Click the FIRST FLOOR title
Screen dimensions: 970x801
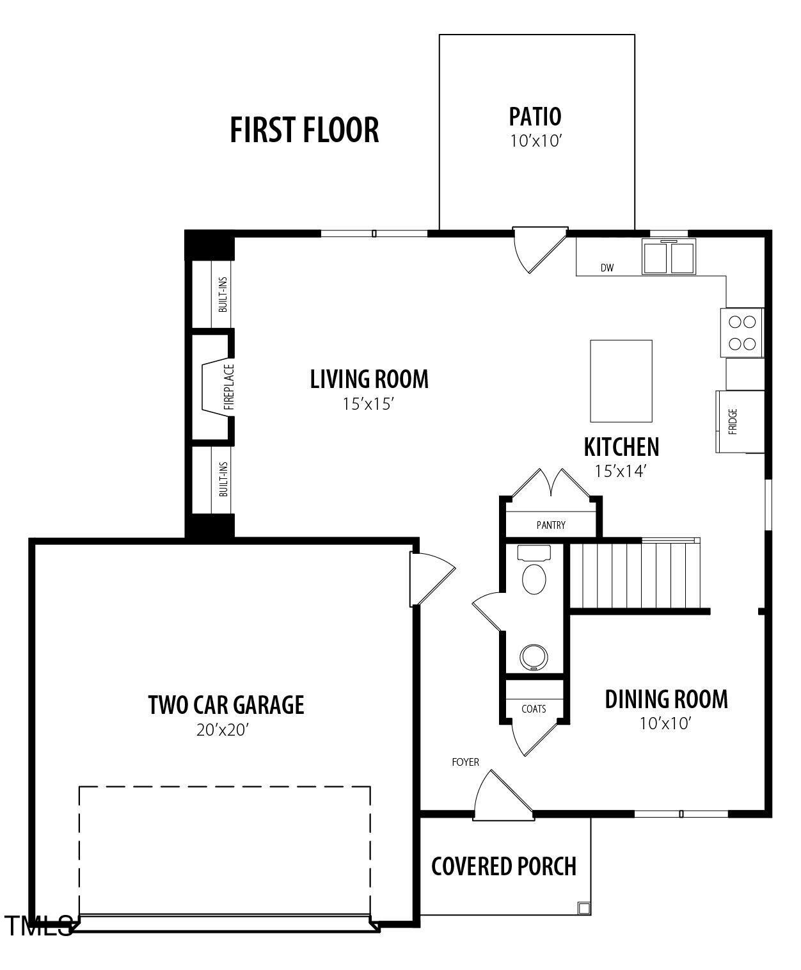coord(304,130)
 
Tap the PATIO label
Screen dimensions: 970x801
coord(535,117)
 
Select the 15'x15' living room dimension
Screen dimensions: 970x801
coord(369,404)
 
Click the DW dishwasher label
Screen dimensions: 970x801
coord(607,268)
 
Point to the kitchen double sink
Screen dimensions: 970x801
coord(669,258)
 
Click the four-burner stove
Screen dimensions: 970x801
coord(742,333)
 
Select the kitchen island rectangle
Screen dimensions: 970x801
coord(621,381)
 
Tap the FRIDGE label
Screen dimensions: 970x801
coord(733,422)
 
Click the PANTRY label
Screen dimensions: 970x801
coord(551,526)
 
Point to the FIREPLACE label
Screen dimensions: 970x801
coord(229,387)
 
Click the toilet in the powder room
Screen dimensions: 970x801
coord(534,574)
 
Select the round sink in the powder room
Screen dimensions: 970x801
coord(534,657)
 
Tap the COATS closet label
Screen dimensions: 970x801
coord(534,709)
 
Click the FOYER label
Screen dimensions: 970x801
coord(465,762)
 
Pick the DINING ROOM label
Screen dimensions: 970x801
coord(666,699)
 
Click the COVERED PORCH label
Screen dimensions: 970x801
coord(504,866)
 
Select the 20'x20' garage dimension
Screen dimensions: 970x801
coord(222,730)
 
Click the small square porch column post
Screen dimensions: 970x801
coord(583,907)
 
